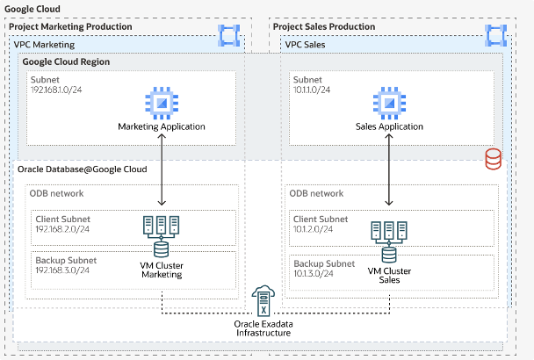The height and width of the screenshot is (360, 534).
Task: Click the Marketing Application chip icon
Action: point(162,101)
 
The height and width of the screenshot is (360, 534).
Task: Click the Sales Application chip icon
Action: point(390,101)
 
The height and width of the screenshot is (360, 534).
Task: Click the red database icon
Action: point(494,159)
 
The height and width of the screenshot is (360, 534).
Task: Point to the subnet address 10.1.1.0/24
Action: point(314,90)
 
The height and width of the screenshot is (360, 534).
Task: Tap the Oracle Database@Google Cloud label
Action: point(78,169)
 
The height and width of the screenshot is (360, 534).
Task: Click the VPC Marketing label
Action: point(44,44)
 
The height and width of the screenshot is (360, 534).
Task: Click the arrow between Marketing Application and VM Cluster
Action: point(162,171)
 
